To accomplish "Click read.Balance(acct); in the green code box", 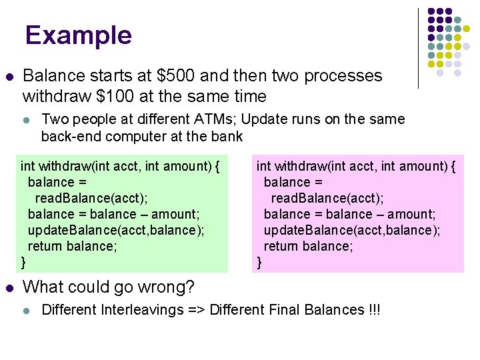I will tap(91, 198).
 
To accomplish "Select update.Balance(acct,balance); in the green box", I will tap(116, 230).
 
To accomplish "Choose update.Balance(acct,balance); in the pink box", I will tap(352, 230).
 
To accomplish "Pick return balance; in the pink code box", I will tap(308, 246).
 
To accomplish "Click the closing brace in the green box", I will tap(24, 262).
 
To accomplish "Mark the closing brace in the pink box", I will tap(260, 262).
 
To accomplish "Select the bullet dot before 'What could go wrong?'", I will tap(8, 287).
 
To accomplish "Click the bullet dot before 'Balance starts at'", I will tap(8, 76).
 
